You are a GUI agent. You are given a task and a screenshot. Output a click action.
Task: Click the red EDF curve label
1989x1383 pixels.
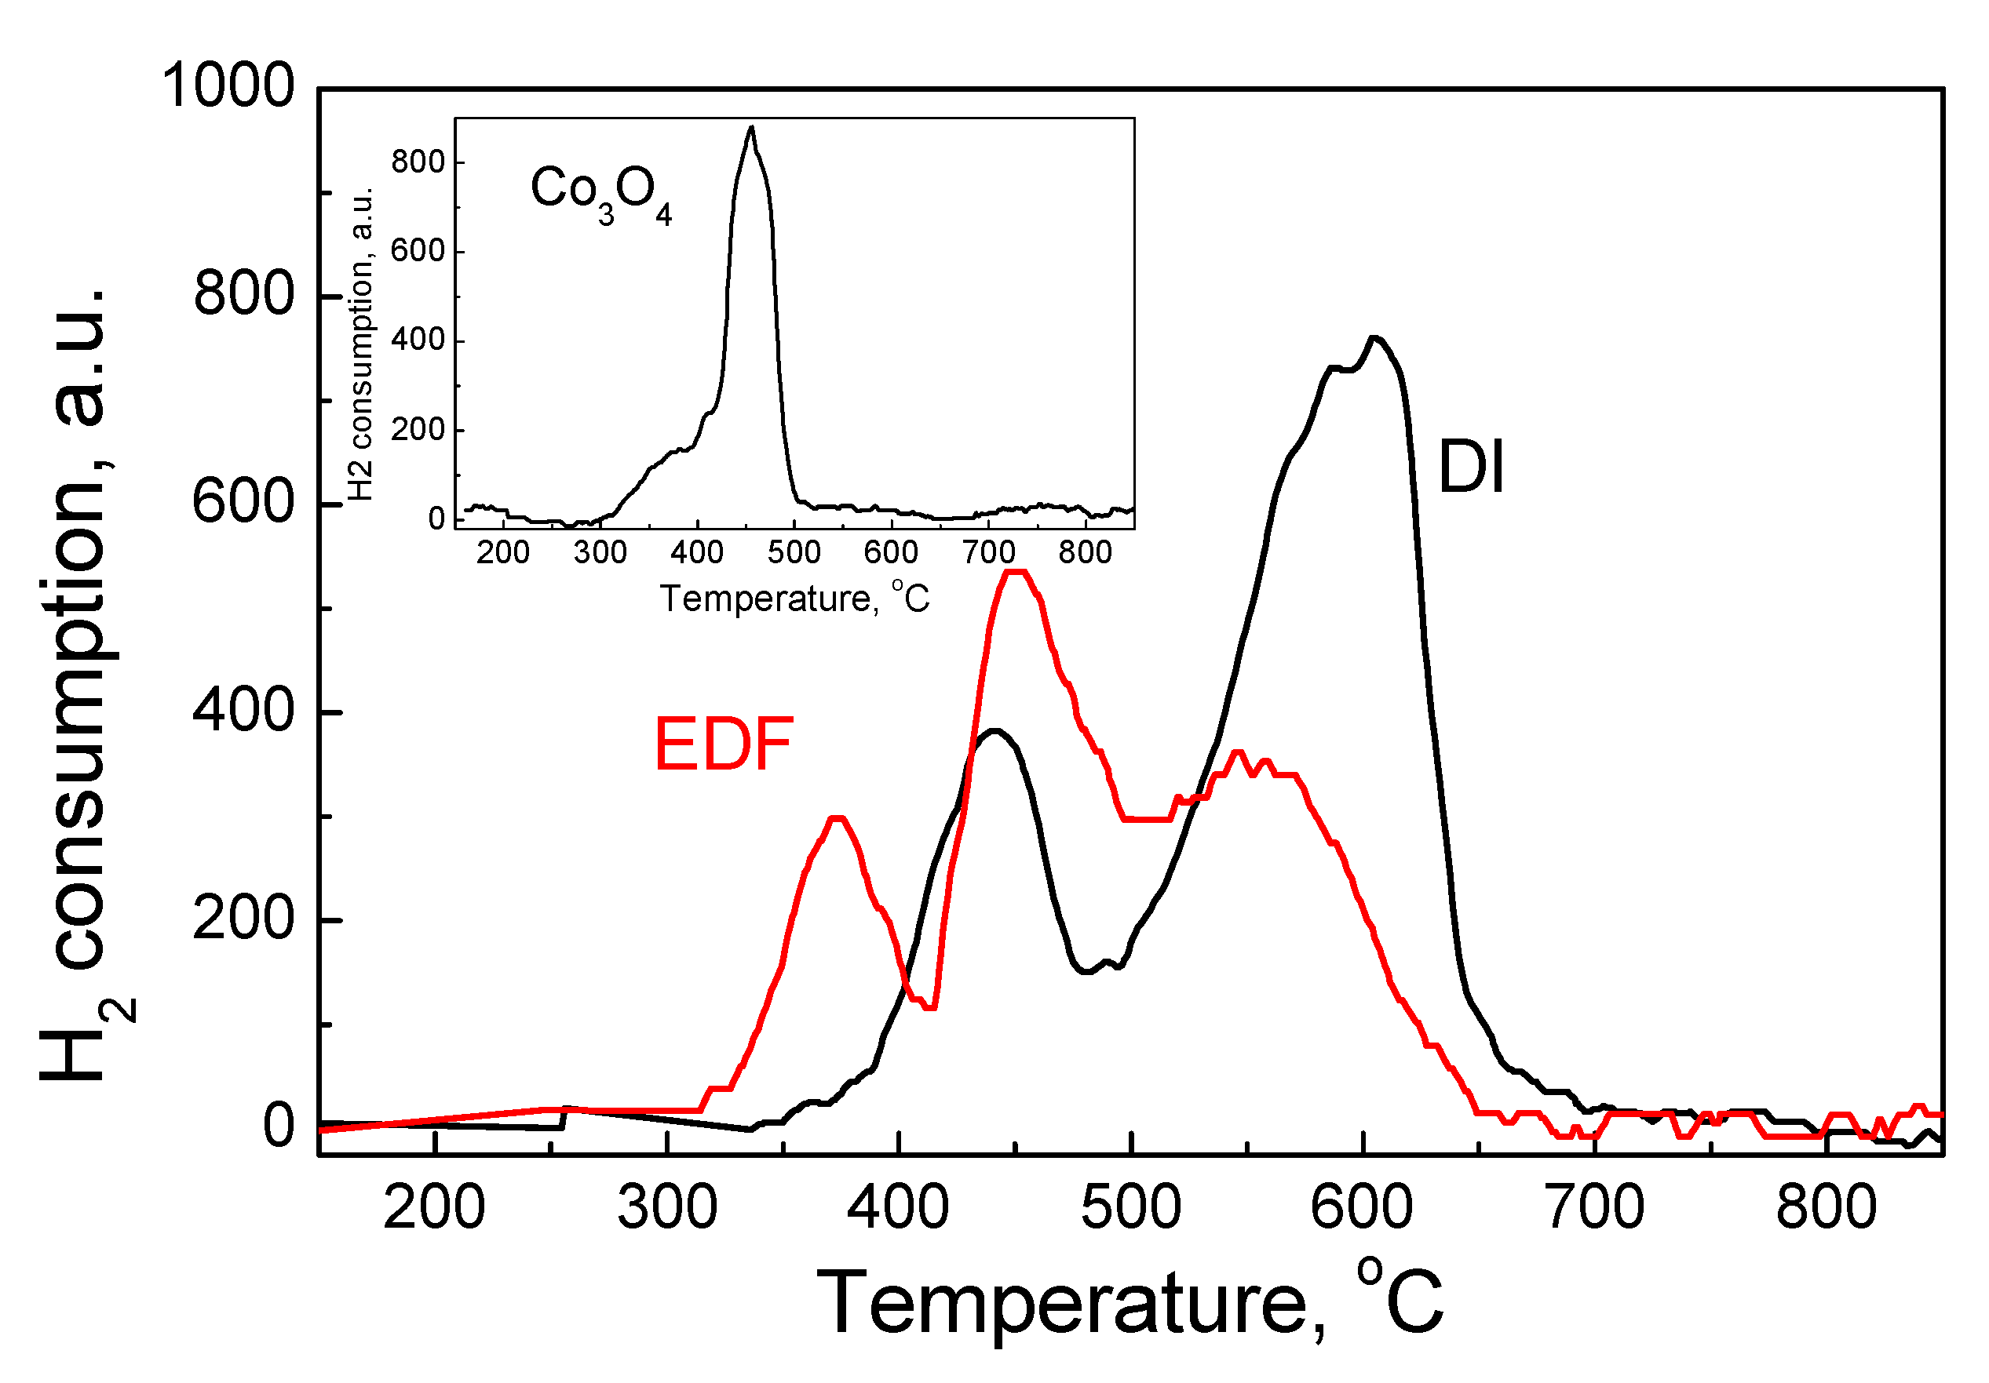coord(724,744)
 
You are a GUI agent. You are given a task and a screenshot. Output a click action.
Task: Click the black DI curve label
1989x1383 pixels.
coord(1470,468)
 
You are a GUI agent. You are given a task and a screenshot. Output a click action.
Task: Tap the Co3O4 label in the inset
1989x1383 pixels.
coord(600,192)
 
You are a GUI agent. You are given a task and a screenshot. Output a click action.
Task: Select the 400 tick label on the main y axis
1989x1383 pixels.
coord(243,711)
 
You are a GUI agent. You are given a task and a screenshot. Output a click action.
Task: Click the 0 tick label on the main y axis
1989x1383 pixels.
coord(278,1126)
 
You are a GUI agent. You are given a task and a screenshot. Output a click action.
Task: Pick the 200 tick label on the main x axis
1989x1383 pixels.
coord(434,1208)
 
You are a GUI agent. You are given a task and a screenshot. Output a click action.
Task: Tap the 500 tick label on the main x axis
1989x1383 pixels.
coord(1130,1208)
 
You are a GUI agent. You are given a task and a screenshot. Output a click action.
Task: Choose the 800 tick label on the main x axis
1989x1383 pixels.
coord(1827,1208)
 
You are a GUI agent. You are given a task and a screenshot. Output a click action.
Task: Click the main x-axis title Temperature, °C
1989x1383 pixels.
coord(1130,1302)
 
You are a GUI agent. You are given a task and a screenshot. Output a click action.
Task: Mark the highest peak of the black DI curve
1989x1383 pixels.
coord(1374,339)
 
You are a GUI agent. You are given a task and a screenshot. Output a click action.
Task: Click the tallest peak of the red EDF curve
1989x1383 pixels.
coord(1013,573)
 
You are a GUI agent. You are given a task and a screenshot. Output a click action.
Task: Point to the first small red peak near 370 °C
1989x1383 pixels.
coord(836,818)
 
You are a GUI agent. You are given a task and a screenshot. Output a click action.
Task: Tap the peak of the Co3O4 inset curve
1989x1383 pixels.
coord(751,128)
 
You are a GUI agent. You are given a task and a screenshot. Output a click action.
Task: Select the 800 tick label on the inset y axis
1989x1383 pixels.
coord(418,162)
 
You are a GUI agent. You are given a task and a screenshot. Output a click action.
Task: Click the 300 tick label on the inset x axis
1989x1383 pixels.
coord(600,552)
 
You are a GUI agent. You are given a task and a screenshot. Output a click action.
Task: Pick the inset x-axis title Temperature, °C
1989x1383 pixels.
coord(794,599)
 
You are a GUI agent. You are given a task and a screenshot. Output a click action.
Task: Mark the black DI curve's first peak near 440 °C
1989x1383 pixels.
coord(995,731)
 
